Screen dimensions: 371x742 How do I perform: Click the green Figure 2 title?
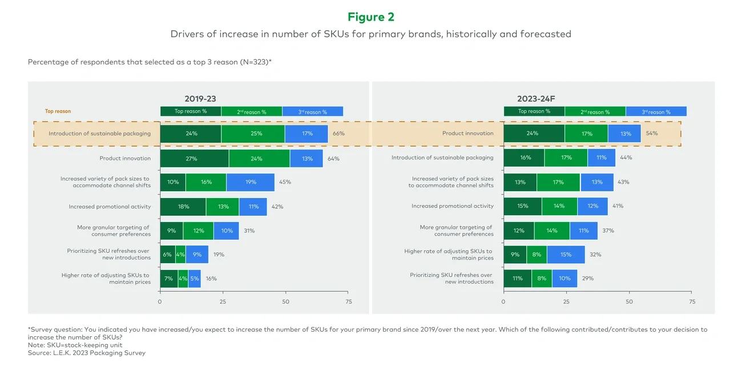(x=370, y=17)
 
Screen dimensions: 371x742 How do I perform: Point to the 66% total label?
(x=338, y=134)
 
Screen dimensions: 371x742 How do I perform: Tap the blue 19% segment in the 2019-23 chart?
(x=250, y=182)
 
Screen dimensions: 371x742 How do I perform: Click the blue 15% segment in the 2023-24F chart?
(x=566, y=255)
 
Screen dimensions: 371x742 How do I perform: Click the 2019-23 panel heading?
(x=200, y=99)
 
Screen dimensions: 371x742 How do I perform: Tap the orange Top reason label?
(x=58, y=111)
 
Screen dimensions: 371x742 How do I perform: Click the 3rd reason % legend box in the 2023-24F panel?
(x=656, y=112)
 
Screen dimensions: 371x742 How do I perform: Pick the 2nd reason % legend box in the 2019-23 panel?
(x=251, y=112)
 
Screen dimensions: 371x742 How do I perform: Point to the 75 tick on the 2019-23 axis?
(x=349, y=301)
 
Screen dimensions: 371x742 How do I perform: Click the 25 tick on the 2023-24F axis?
(x=566, y=301)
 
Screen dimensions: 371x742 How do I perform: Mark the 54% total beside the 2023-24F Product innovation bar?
(x=651, y=134)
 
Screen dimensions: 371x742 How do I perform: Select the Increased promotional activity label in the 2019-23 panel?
(x=110, y=207)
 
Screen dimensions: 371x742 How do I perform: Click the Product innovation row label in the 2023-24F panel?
(x=467, y=134)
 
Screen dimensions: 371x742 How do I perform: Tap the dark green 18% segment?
(x=183, y=207)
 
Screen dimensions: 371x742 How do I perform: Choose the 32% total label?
(x=596, y=255)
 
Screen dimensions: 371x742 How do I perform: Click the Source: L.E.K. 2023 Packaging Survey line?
(x=87, y=353)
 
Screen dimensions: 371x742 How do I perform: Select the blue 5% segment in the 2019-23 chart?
(x=194, y=279)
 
